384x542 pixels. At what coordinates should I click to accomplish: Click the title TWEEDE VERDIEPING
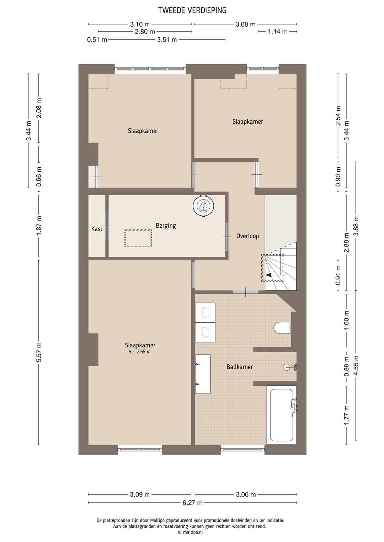tap(192, 10)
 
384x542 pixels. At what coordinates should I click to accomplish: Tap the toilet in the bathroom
tap(282, 328)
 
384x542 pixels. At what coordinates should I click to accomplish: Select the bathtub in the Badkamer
tap(282, 415)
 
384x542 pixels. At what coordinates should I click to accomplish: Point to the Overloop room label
tap(247, 236)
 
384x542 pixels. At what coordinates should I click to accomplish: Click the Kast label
tap(97, 229)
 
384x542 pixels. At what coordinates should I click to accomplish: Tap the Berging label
tap(166, 226)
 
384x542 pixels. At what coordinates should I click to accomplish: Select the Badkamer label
tap(240, 367)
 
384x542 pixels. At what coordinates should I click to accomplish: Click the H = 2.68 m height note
tap(139, 352)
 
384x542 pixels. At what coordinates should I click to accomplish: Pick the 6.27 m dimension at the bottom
tap(193, 503)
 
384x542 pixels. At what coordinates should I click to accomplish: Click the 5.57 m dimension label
tap(39, 352)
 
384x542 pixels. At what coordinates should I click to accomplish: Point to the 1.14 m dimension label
tap(278, 32)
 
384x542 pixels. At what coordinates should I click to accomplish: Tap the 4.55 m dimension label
tap(356, 365)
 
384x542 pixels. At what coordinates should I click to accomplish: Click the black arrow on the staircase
tap(269, 275)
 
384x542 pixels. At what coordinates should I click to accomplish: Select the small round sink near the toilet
tap(287, 367)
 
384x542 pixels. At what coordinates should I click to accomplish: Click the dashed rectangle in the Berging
tap(138, 238)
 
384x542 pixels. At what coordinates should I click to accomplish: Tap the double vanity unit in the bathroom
tap(203, 374)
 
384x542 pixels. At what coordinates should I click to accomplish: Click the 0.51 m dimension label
tap(97, 39)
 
